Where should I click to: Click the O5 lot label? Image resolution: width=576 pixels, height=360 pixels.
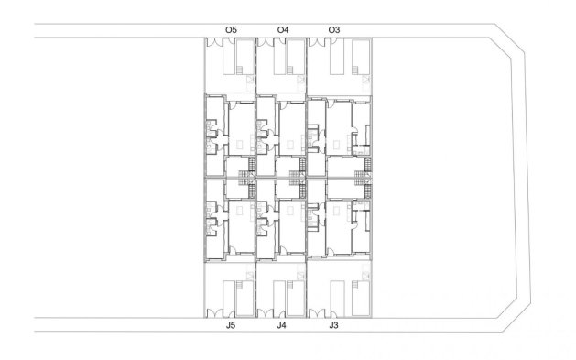pyautogui.click(x=231, y=30)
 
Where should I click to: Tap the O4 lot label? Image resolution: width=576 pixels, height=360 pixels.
pyautogui.click(x=283, y=30)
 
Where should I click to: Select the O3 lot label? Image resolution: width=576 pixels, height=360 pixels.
pyautogui.click(x=334, y=30)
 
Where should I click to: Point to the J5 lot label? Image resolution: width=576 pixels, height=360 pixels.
pyautogui.click(x=231, y=324)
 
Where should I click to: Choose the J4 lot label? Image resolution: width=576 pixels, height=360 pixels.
pyautogui.click(x=282, y=324)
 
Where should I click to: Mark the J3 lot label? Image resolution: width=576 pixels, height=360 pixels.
pyautogui.click(x=334, y=324)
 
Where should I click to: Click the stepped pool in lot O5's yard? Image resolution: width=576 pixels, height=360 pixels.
pyautogui.click(x=242, y=59)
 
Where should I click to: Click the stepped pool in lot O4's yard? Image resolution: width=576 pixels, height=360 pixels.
pyautogui.click(x=293, y=59)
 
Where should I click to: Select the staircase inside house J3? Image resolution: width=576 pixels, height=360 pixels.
pyautogui.click(x=367, y=188)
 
